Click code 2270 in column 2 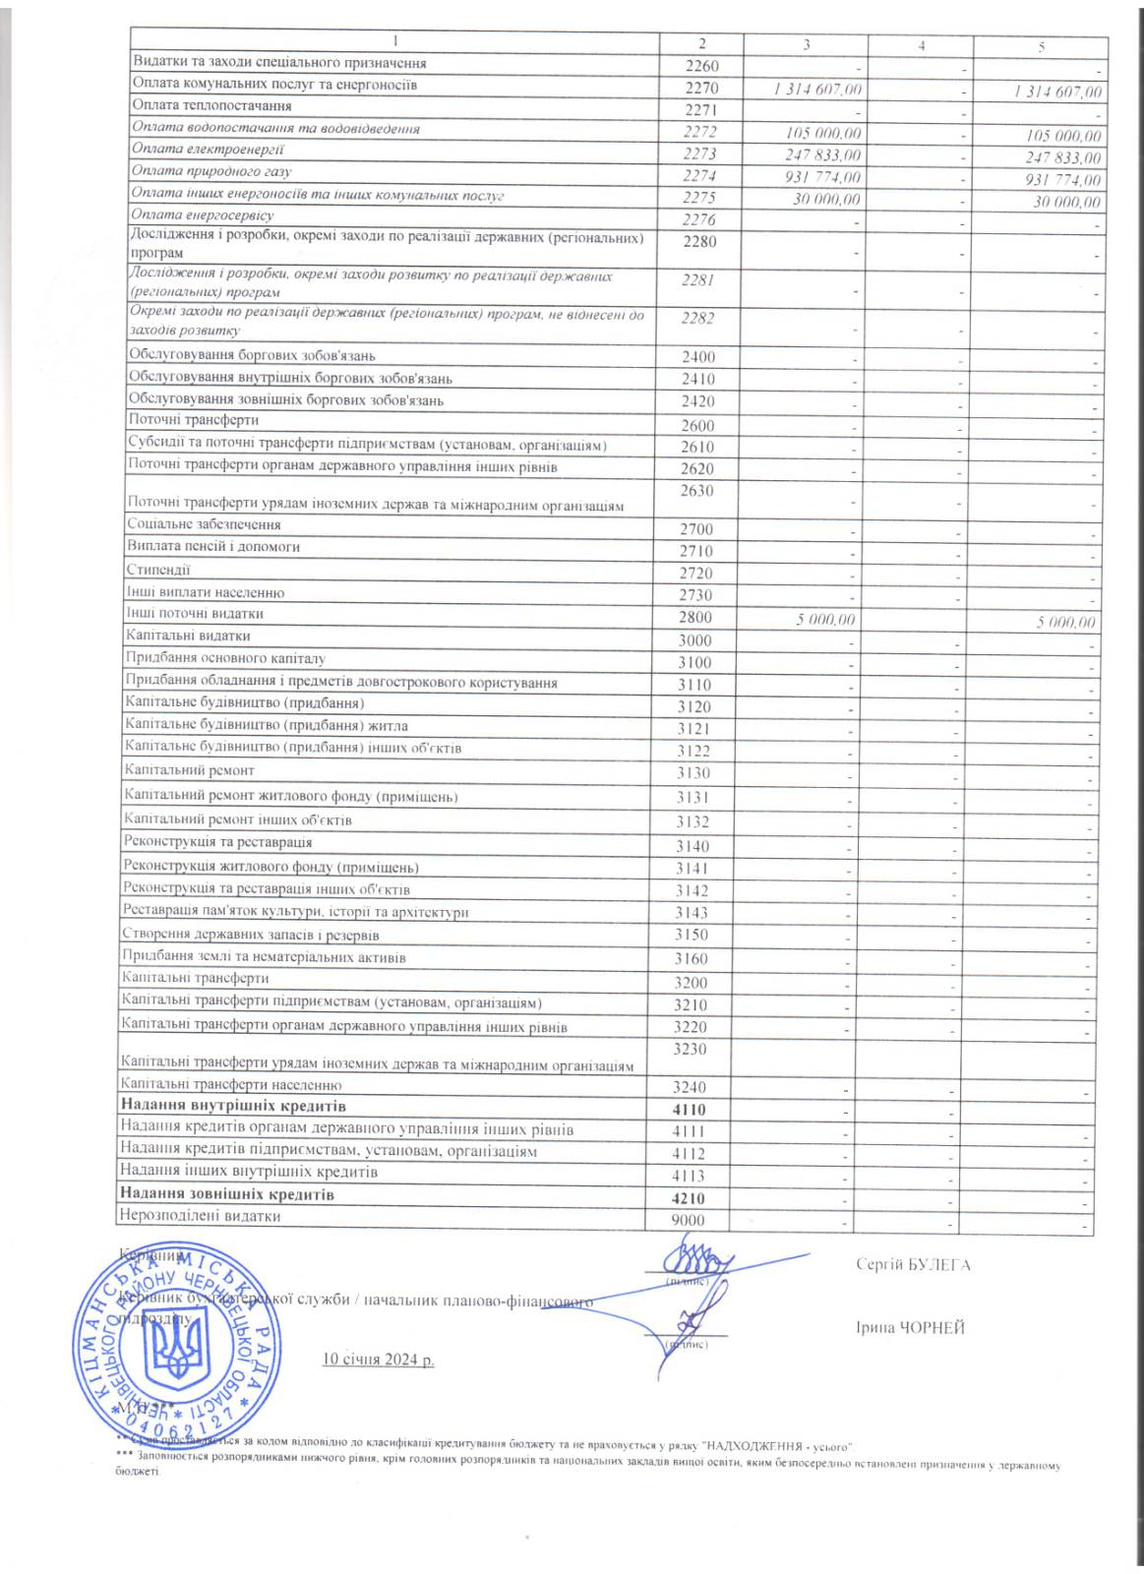point(701,88)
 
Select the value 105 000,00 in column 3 point(824,133)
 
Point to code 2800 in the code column point(694,618)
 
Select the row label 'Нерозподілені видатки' point(200,1216)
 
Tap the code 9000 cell point(689,1221)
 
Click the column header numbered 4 point(921,44)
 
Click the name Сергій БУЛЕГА point(913,1265)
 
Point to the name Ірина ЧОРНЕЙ point(910,1328)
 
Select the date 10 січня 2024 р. point(378,1360)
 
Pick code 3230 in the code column point(692,1049)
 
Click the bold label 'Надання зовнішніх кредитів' point(226,1194)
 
